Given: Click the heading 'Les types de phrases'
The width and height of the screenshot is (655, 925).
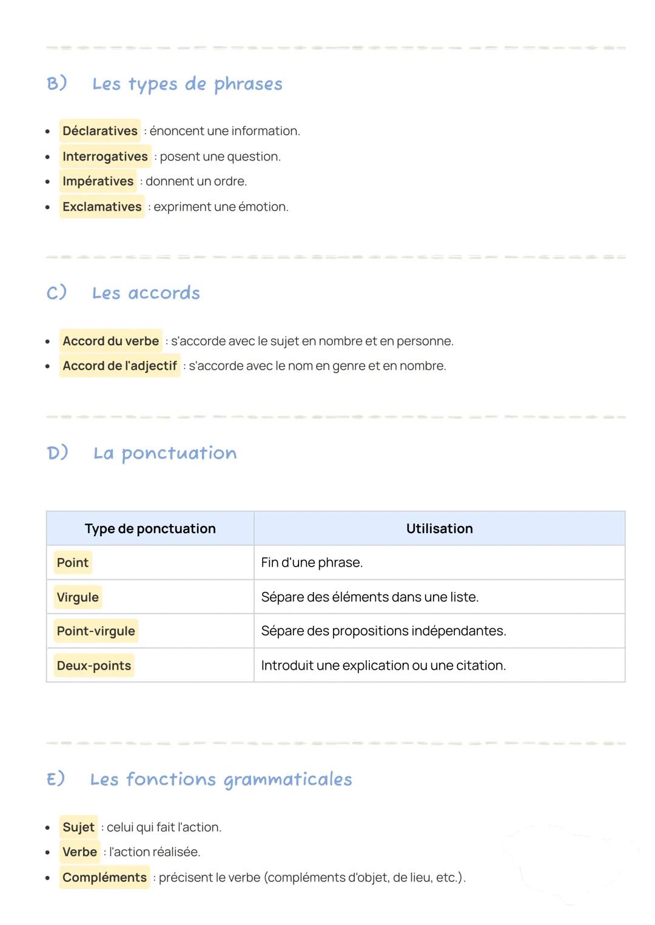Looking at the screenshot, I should (x=187, y=84).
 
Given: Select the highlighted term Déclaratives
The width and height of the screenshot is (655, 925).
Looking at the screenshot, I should (x=100, y=131).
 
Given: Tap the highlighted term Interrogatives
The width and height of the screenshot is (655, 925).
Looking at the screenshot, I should (x=105, y=156).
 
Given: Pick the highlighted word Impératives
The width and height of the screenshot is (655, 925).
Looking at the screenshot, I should (x=98, y=181).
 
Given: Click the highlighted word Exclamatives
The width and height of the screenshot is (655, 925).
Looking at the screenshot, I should (x=102, y=207).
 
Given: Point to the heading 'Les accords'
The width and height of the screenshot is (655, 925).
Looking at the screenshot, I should (x=146, y=294).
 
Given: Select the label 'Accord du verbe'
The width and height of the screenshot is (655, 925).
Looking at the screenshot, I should (x=110, y=341).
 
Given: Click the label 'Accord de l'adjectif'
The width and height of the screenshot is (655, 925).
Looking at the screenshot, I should (x=119, y=366).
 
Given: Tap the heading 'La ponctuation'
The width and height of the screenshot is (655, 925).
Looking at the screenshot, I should (x=164, y=453).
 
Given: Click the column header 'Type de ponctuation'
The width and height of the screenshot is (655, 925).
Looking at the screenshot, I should (x=150, y=528).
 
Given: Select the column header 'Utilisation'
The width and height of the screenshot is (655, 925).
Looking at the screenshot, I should (x=439, y=528).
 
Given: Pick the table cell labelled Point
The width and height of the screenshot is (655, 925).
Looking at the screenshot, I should (x=73, y=563).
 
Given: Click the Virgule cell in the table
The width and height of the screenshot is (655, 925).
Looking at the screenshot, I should (x=78, y=597).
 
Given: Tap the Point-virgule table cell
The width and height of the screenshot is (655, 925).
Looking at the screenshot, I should (x=96, y=631).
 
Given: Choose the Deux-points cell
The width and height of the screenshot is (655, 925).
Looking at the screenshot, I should (x=94, y=666).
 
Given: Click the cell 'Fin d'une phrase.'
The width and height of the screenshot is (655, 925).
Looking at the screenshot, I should (x=312, y=563).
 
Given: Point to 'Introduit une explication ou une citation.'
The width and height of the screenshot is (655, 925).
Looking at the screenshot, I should (x=383, y=666).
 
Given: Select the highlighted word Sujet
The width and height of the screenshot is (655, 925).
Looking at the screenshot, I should (x=78, y=827).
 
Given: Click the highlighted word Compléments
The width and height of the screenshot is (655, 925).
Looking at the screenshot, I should (x=104, y=878).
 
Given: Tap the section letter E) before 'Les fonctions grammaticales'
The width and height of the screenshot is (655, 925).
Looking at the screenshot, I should (x=56, y=779).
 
